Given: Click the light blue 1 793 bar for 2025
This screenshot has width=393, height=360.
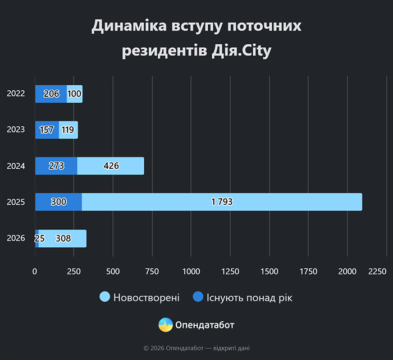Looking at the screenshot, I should coord(222,202).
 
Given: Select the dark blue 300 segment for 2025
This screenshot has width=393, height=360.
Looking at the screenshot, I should coord(58,202).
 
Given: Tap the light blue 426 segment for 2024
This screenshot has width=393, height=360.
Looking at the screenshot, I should coord(111,166).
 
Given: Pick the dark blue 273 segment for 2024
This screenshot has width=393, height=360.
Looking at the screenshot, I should coord(56,166).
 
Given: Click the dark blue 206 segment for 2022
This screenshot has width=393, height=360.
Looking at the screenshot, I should coord(51,94).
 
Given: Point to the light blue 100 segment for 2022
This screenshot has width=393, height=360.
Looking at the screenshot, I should coord(75,94).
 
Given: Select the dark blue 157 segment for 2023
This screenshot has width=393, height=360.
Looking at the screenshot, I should coord(47,130).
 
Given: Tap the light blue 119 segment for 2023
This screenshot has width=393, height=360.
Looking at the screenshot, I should coord(68,130).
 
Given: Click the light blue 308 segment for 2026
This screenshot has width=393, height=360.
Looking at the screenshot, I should coord(62,238).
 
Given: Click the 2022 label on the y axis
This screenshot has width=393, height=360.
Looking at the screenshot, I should coord(16,94).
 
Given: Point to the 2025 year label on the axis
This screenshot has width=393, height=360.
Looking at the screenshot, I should coord(16,202).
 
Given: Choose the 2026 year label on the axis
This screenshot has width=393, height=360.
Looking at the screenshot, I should coord(16,238).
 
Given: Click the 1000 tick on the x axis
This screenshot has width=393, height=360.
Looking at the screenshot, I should coord(191,271).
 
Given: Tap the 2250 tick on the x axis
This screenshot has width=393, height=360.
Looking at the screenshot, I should coord(377,271).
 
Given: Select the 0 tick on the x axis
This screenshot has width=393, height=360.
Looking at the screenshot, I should coord(35,271).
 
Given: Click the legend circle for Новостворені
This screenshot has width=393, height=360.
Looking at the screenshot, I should coord(104,297).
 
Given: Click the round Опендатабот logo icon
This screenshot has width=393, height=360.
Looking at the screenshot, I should coord(166,325).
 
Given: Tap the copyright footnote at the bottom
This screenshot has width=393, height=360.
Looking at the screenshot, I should coord(196,348).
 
